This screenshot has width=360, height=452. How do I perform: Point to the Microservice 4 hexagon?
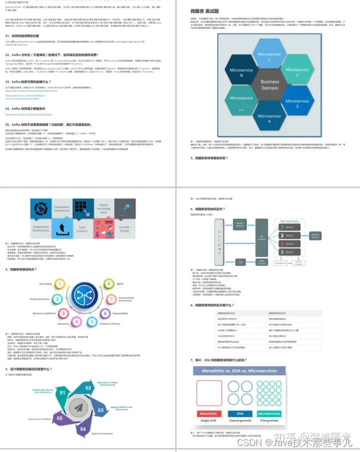270,117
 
